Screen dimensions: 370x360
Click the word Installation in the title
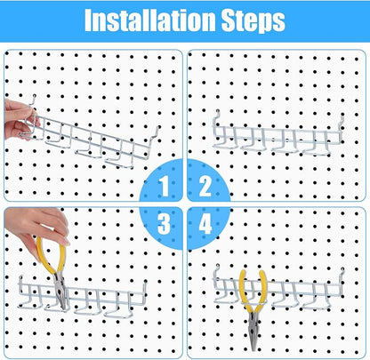coord(149,20)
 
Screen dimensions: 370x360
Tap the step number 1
coord(165,186)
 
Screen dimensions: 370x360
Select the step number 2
coord(205,186)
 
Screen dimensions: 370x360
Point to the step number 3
coord(164,224)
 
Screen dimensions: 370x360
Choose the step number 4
coord(205,224)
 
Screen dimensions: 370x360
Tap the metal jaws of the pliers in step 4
coord(253,331)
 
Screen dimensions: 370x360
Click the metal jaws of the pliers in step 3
coord(60,291)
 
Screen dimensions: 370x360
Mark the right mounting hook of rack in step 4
coord(342,278)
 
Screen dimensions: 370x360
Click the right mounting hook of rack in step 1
coord(156,135)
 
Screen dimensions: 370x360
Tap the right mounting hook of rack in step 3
coord(144,292)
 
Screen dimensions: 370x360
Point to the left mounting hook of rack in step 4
coord(216,274)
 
